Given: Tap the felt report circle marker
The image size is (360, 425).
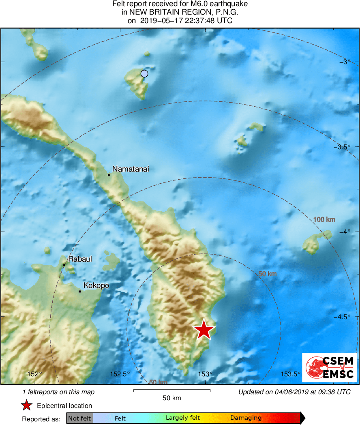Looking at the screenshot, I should pyautogui.click(x=144, y=73).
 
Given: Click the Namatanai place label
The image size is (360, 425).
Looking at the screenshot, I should pyautogui.click(x=131, y=169).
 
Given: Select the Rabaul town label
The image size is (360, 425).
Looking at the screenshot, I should pyautogui.click(x=79, y=259).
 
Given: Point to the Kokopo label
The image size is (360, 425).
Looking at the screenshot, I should pyautogui.click(x=96, y=285).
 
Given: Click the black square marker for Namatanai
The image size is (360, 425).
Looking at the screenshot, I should pyautogui.click(x=109, y=175).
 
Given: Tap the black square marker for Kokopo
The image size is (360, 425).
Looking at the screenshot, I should pyautogui.click(x=80, y=291).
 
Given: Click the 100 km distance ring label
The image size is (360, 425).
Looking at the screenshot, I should pyautogui.click(x=324, y=219).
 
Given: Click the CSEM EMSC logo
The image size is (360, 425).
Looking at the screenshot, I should pyautogui.click(x=330, y=367).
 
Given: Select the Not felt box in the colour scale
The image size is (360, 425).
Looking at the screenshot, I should pyautogui.click(x=79, y=418).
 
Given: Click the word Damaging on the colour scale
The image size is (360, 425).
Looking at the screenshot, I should pyautogui.click(x=246, y=418).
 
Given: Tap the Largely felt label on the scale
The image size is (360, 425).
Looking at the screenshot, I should pyautogui.click(x=182, y=418).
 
